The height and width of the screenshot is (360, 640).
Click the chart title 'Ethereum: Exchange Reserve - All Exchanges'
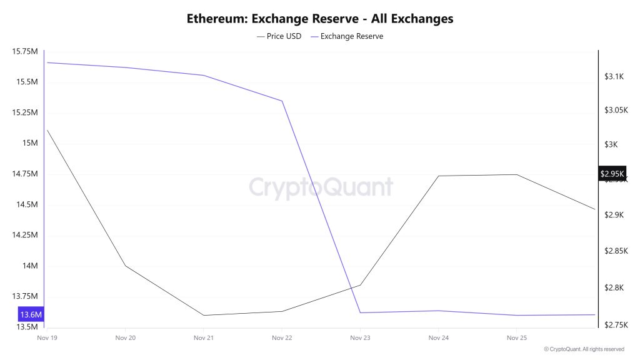click(x=320, y=19)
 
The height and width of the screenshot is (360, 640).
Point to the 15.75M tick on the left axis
click(x=25, y=51)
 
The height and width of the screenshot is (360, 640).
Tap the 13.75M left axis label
click(x=25, y=296)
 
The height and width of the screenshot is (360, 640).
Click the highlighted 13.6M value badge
click(x=31, y=314)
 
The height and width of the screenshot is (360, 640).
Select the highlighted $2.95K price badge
click(x=612, y=174)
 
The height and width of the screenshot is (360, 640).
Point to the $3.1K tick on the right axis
click(x=614, y=76)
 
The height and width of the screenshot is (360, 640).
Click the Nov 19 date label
click(x=47, y=337)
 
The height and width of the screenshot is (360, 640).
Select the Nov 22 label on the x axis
click(x=282, y=337)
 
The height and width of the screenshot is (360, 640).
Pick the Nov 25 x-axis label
click(x=516, y=337)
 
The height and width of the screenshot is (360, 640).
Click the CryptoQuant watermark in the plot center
click(x=321, y=187)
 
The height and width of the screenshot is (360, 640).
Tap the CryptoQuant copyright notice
click(x=584, y=349)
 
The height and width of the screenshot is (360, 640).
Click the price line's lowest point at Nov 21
click(x=204, y=315)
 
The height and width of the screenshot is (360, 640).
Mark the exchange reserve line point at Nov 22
click(x=282, y=101)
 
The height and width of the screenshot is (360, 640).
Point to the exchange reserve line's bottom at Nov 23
click(x=360, y=312)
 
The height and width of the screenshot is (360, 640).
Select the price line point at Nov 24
click(x=438, y=176)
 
